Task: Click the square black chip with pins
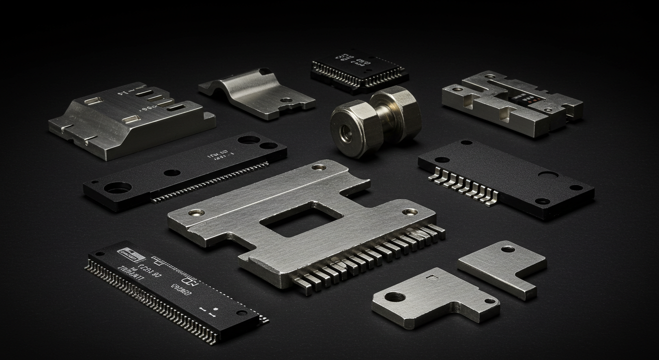point(359,69)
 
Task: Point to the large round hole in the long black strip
point(117,188)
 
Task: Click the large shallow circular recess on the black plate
point(548,175)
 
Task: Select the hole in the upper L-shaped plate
point(507,249)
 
